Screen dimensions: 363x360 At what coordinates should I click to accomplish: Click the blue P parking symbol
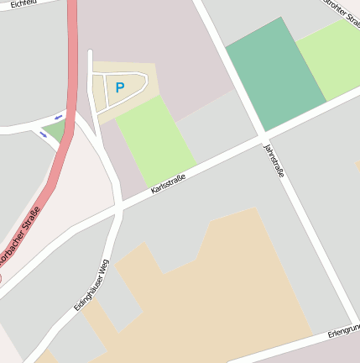[119, 87]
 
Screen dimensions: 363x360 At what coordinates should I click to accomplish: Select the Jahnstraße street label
[274, 160]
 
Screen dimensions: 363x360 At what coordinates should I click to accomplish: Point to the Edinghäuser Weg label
[91, 285]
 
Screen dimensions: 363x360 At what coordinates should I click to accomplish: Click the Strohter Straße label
[342, 13]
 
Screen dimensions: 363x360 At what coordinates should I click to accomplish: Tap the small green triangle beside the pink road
[55, 129]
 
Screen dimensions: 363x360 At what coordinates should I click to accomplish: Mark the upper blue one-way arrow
[58, 117]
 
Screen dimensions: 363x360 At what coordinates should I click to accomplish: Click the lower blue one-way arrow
[43, 134]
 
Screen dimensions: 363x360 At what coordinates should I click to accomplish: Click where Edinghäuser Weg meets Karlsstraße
[119, 206]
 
